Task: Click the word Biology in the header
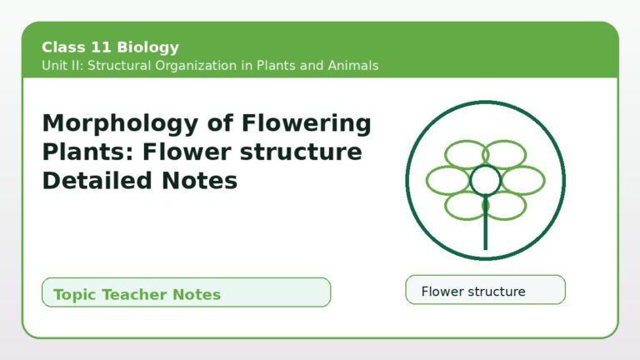click(147, 47)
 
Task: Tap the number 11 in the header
click(101, 47)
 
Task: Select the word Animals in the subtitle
click(353, 65)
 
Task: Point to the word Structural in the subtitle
click(119, 65)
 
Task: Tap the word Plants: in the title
click(88, 152)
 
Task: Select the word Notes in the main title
click(200, 180)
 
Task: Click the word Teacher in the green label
click(135, 294)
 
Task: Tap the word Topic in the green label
click(75, 295)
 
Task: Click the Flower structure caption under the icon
click(473, 292)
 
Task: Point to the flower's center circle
click(485, 180)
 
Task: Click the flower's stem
click(485, 222)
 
